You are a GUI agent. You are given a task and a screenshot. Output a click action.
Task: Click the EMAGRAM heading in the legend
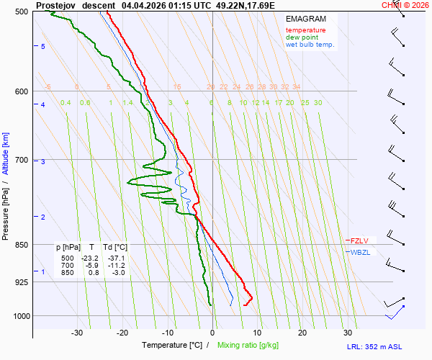pyautogui.click(x=305, y=19)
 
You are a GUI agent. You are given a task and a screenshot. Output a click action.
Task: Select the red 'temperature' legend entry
pyautogui.click(x=305, y=30)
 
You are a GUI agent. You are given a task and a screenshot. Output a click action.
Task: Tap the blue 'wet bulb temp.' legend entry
pyautogui.click(x=310, y=45)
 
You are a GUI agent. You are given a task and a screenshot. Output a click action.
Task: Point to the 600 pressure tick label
pyautogui.click(x=20, y=91)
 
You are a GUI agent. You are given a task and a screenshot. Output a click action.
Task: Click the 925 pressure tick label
pyautogui.click(x=20, y=282)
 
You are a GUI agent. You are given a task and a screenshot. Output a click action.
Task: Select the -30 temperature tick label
pyautogui.click(x=77, y=333)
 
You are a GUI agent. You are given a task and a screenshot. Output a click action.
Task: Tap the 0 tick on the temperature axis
pyautogui.click(x=212, y=333)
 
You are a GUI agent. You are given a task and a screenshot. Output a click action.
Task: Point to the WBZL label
pyautogui.click(x=359, y=252)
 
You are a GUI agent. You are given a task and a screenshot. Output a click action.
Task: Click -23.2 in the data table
pyautogui.click(x=90, y=258)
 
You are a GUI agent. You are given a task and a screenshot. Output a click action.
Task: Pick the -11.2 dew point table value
pyautogui.click(x=117, y=265)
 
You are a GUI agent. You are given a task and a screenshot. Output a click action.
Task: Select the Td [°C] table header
pyautogui.click(x=113, y=248)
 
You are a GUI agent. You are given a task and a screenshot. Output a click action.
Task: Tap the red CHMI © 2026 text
pyautogui.click(x=405, y=5)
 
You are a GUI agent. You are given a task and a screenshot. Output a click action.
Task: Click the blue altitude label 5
pyautogui.click(x=43, y=47)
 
